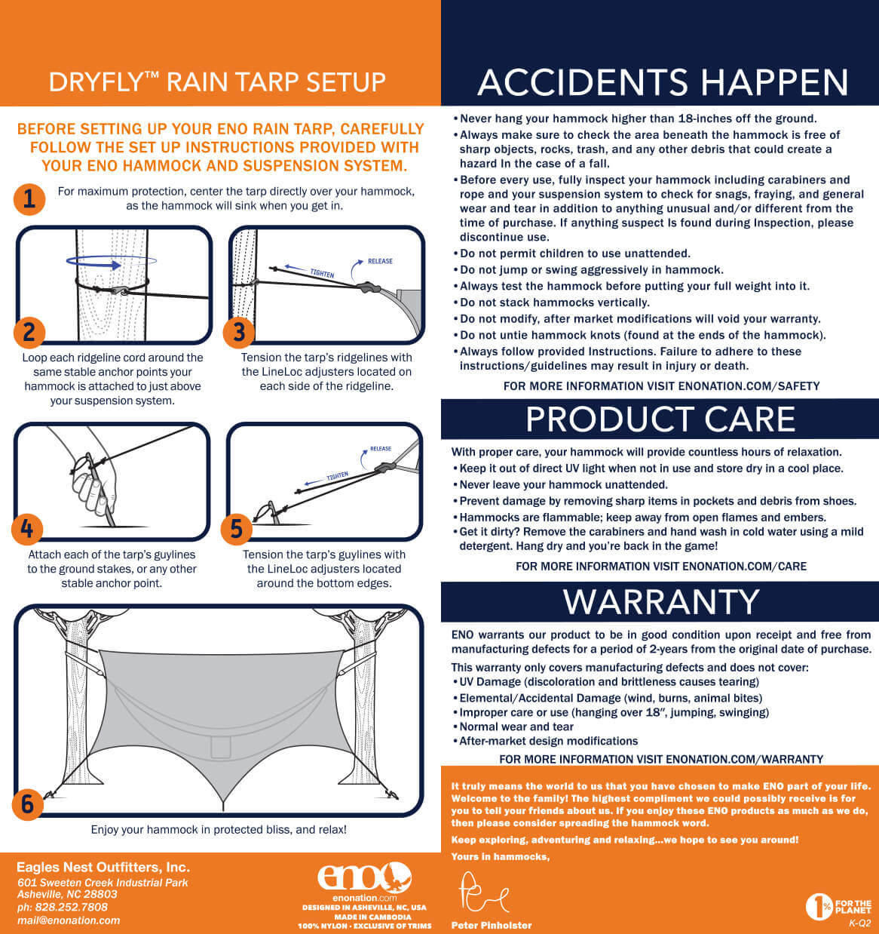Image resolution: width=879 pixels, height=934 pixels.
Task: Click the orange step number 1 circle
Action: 29,199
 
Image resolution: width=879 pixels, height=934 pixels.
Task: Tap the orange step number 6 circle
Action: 27,804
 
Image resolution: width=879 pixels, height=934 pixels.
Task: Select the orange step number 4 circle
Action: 27,529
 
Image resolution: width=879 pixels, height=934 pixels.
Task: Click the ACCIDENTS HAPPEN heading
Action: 663,82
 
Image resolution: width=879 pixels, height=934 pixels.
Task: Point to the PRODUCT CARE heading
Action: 660,419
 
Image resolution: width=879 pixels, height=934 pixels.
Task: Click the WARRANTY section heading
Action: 661,601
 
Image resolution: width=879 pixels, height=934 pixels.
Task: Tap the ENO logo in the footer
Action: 364,878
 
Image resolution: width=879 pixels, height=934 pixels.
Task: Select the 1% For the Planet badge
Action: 838,907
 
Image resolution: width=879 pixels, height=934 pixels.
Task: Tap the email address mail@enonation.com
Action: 69,920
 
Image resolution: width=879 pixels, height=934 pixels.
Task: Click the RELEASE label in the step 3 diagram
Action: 380,262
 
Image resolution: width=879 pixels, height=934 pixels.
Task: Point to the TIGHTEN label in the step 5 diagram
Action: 338,476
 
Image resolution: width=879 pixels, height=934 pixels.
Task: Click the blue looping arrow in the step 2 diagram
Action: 112,262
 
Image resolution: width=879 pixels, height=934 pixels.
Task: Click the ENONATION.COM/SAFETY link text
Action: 749,386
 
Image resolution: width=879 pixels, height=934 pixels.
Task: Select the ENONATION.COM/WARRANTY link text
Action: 745,760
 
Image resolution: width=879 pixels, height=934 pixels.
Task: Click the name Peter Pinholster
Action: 492,925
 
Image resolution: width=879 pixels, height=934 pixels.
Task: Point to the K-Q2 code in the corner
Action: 859,923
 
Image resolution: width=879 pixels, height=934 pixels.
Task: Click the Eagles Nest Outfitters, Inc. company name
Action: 103,867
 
